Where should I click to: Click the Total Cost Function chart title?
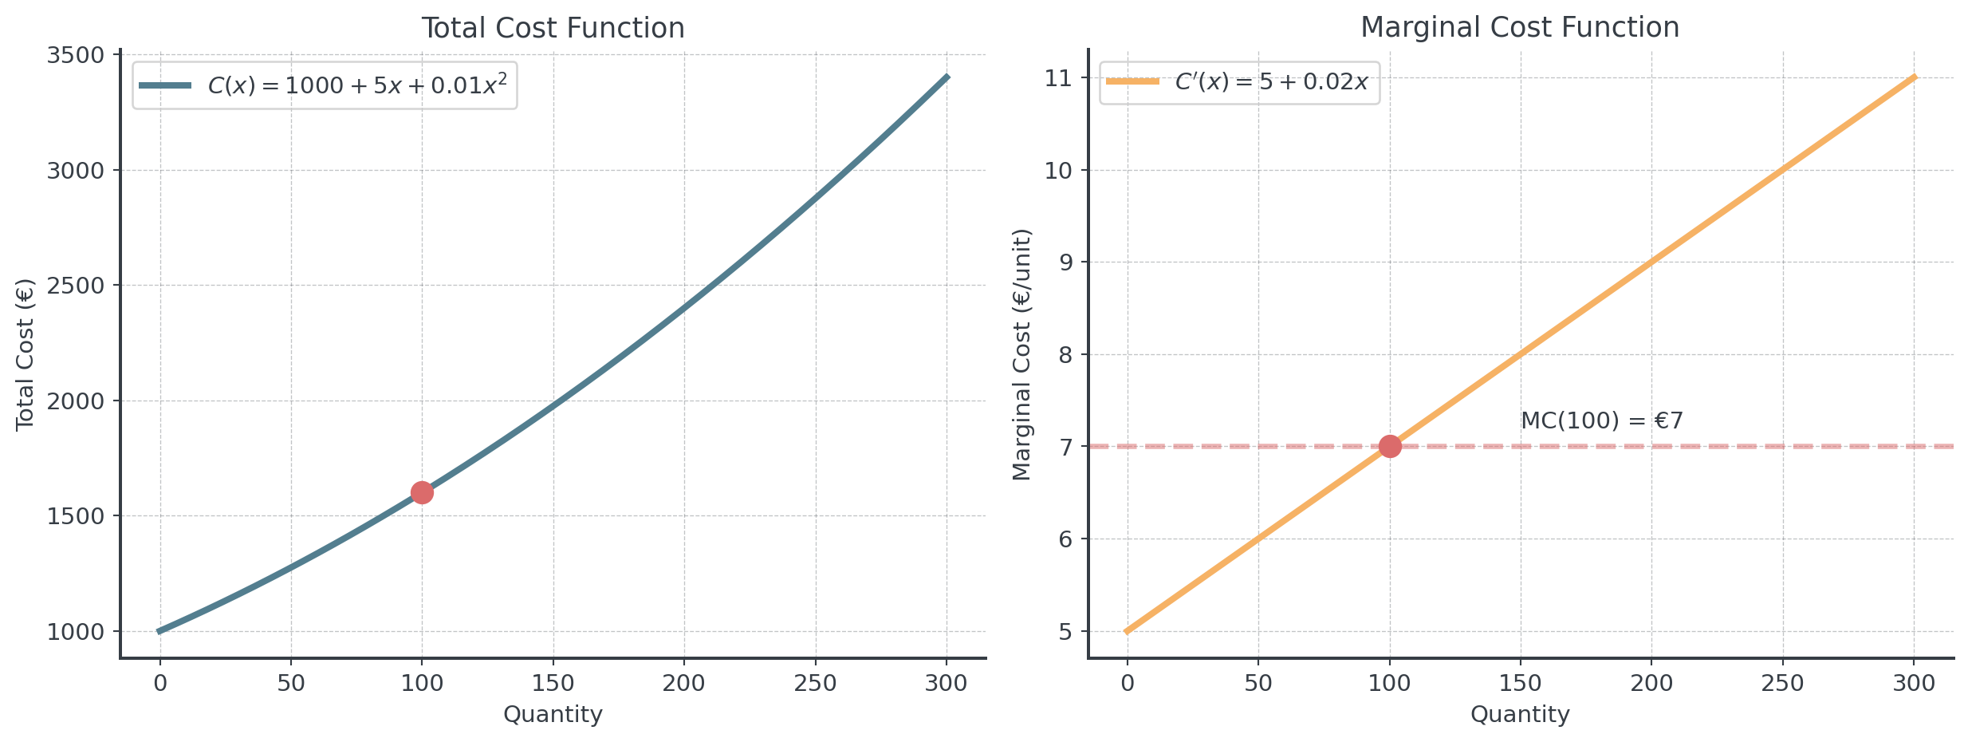[x=553, y=28]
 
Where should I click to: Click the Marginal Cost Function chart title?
[x=1520, y=27]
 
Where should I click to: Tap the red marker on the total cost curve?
[x=422, y=492]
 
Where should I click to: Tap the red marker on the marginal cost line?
[x=1390, y=446]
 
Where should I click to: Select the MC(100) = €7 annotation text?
[x=1601, y=420]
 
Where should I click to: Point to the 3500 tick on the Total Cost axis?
[x=76, y=55]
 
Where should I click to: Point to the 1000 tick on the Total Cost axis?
[x=76, y=632]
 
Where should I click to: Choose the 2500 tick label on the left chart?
[x=76, y=286]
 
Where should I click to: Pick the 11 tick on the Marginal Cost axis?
[x=1058, y=78]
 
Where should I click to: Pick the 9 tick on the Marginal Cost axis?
[x=1065, y=262]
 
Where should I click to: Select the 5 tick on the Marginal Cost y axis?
[x=1065, y=632]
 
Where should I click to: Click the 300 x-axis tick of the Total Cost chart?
[x=947, y=683]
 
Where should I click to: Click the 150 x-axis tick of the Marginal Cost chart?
[x=1520, y=683]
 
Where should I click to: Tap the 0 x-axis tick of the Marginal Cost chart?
[x=1127, y=683]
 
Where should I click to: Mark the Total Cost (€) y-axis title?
[x=26, y=354]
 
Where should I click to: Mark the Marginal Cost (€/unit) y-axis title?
[x=1021, y=354]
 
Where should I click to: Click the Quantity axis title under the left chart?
[x=553, y=714]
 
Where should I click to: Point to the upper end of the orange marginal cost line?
[x=1913, y=78]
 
